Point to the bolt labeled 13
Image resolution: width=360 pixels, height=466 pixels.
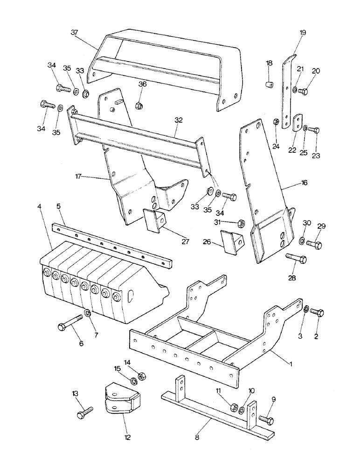(x=84, y=412)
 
